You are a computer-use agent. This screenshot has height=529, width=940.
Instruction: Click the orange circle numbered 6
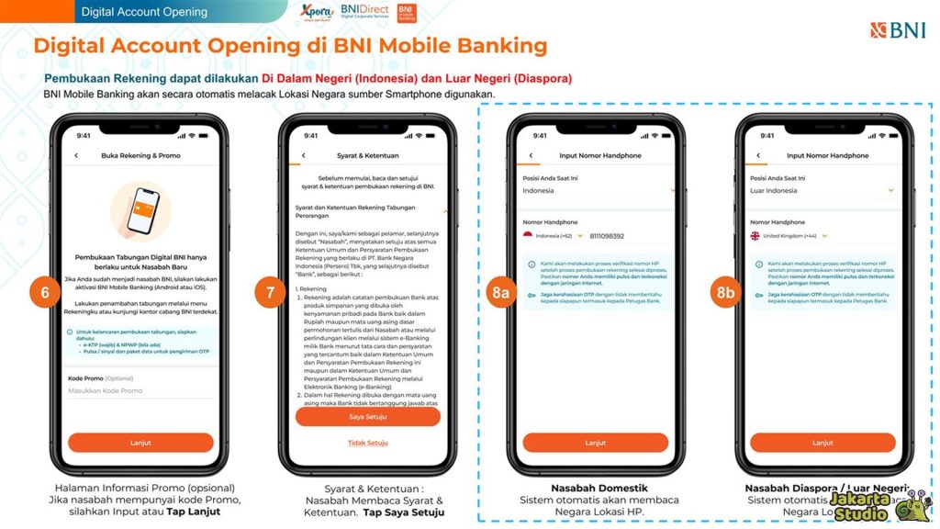coord(44,293)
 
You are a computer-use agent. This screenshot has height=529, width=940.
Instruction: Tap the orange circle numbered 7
coord(270,293)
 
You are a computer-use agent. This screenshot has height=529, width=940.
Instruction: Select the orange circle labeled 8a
coord(499,293)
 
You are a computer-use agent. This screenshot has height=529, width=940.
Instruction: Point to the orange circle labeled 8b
coord(726,293)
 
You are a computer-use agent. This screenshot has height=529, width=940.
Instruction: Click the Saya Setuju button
coord(367,416)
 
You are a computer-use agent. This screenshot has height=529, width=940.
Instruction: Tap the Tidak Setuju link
coord(367,443)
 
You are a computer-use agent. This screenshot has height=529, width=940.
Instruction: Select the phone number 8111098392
coord(607,236)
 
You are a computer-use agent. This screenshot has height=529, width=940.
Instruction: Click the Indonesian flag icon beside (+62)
coord(529,236)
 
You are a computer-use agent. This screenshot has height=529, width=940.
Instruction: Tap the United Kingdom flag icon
coord(755,236)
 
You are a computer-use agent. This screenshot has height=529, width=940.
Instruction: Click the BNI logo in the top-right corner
coord(898,30)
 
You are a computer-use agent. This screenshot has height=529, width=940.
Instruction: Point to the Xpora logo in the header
coord(315,13)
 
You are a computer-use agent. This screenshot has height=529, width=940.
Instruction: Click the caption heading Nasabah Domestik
coord(595,488)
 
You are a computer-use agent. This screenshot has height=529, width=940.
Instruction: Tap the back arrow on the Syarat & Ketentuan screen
coord(303,156)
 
